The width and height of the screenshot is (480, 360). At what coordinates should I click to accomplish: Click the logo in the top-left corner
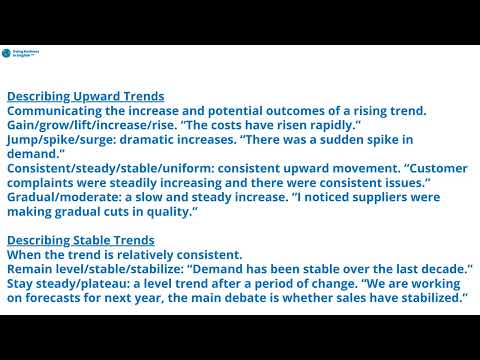[22, 55]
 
